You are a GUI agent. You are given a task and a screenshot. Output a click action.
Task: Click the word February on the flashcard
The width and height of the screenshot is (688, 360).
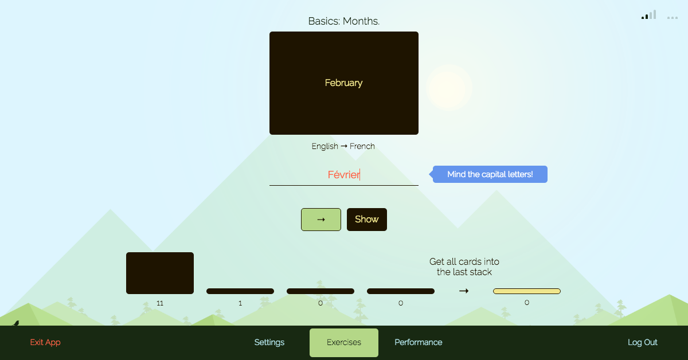coord(343,83)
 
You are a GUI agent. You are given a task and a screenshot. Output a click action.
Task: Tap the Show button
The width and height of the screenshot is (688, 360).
coord(367,220)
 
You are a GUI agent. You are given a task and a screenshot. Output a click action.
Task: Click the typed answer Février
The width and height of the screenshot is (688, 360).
coord(343,175)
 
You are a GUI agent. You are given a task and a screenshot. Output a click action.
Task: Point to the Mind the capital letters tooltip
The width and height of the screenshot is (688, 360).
coord(490,174)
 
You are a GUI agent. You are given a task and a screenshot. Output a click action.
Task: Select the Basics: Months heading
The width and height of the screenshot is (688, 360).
coord(344,21)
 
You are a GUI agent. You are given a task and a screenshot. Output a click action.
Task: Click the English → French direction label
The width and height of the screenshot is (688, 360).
coord(343,146)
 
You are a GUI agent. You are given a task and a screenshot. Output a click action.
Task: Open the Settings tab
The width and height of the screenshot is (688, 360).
coord(269,342)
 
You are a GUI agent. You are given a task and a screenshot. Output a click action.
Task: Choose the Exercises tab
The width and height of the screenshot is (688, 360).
coord(344,342)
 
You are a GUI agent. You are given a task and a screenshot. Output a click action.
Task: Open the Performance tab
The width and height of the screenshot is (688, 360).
coord(419,342)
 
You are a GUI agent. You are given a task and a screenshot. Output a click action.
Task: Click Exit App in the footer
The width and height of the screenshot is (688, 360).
coord(45,342)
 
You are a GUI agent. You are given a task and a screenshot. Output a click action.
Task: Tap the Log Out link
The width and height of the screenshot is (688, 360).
coord(643,342)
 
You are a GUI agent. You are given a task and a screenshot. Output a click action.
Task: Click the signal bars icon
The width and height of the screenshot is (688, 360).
coord(649,15)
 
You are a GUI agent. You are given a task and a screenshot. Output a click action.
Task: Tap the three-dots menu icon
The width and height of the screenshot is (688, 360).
coord(673,18)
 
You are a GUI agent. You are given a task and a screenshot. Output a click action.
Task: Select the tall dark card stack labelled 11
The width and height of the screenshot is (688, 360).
coord(160,273)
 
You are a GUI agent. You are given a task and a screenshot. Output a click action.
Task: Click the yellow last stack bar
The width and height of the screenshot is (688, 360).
coord(527,291)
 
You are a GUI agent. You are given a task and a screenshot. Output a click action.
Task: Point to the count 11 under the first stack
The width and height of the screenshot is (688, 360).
coord(160,303)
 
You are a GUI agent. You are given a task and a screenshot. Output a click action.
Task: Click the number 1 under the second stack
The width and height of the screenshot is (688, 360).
coord(240,303)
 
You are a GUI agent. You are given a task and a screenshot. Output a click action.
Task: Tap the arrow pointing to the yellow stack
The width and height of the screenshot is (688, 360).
coord(464,291)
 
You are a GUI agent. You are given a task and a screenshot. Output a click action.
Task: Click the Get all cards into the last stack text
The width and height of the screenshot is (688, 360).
coord(464,267)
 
